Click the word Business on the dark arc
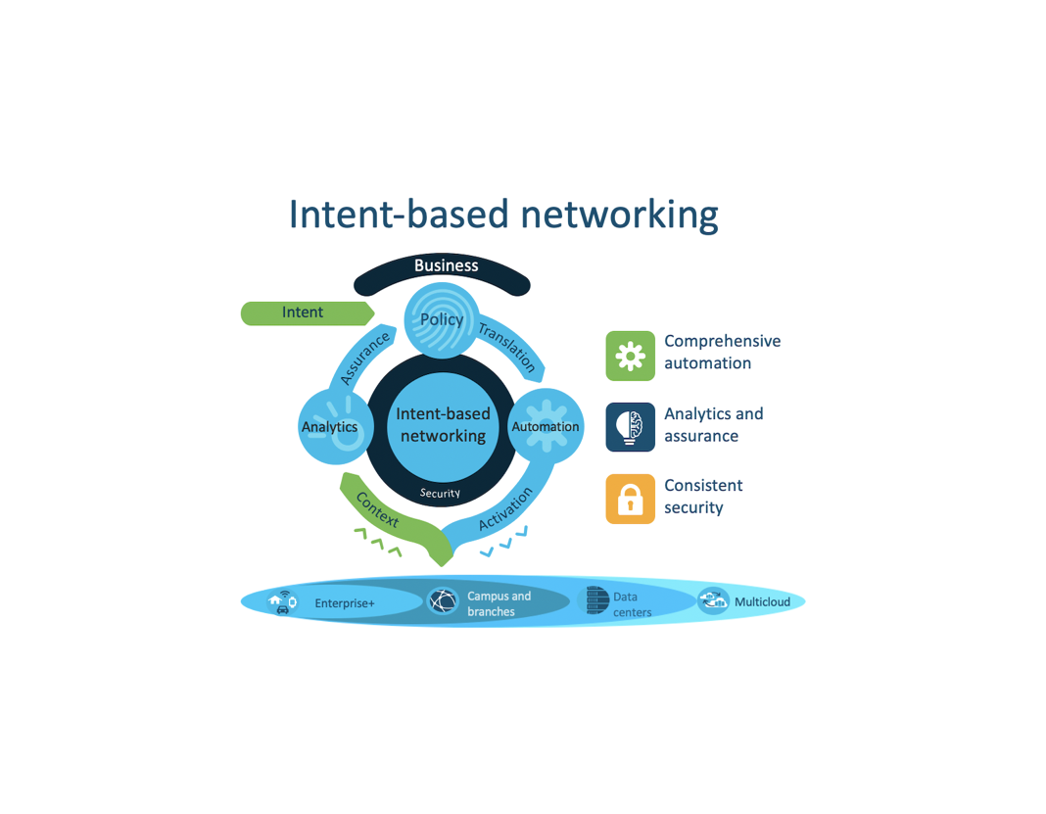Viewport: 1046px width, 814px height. [x=446, y=265]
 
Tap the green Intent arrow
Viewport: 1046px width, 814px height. [x=304, y=312]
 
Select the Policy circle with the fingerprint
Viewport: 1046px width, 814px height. [x=442, y=320]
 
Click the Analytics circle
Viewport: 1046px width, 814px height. [x=330, y=427]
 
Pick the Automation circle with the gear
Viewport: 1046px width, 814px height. [x=546, y=427]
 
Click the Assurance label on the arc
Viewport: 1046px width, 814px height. [x=365, y=357]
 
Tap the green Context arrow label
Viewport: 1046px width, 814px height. [x=378, y=510]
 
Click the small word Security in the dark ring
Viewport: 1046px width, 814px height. [x=440, y=493]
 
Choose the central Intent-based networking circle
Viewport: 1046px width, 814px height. [x=443, y=425]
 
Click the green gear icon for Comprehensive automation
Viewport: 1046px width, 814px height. [x=630, y=356]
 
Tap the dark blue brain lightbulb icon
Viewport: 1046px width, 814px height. [x=630, y=427]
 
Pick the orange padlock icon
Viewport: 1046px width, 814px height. [x=630, y=499]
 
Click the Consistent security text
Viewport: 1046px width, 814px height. [x=703, y=497]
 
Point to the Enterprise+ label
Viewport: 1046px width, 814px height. [x=345, y=603]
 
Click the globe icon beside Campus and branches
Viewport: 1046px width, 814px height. [x=443, y=601]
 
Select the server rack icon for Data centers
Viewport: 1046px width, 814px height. [x=596, y=601]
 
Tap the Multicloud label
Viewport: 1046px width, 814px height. [x=762, y=602]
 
